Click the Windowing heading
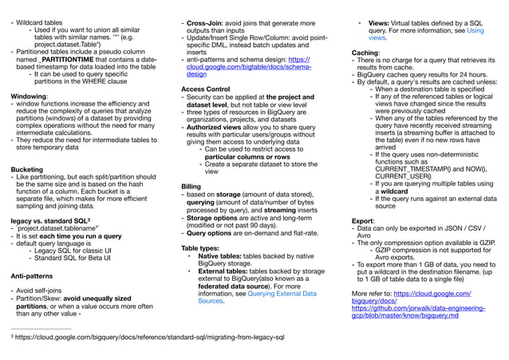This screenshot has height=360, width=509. click(29, 96)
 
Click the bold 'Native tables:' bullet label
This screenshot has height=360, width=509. click(223, 257)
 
